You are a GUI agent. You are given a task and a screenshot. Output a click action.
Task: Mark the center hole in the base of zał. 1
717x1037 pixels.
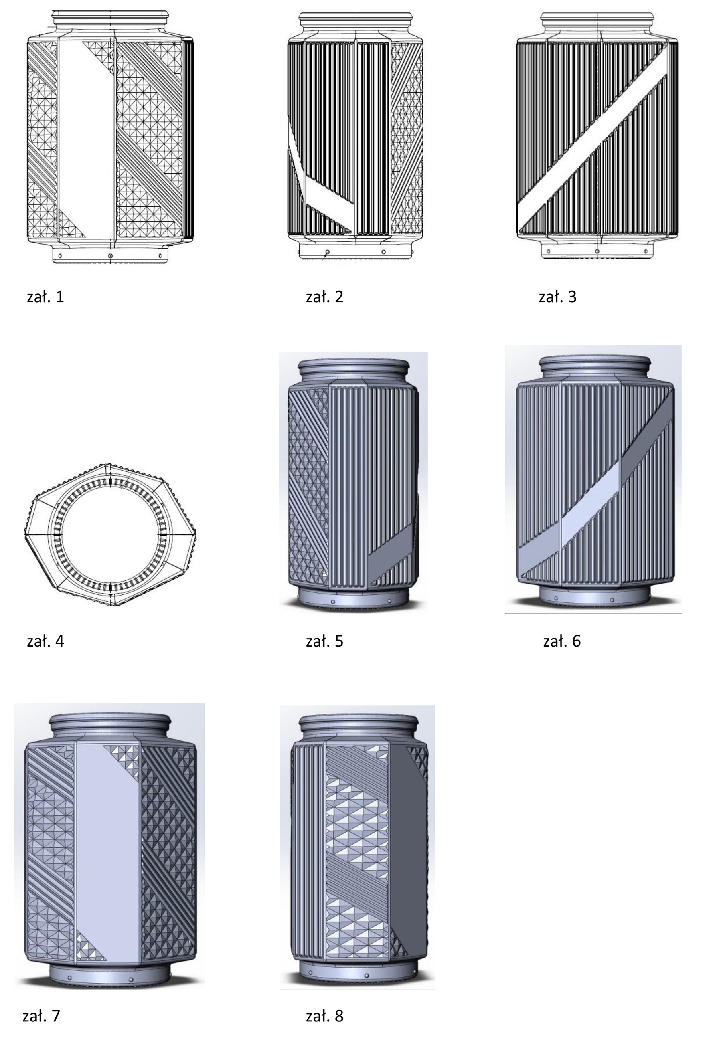pos(111,255)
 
